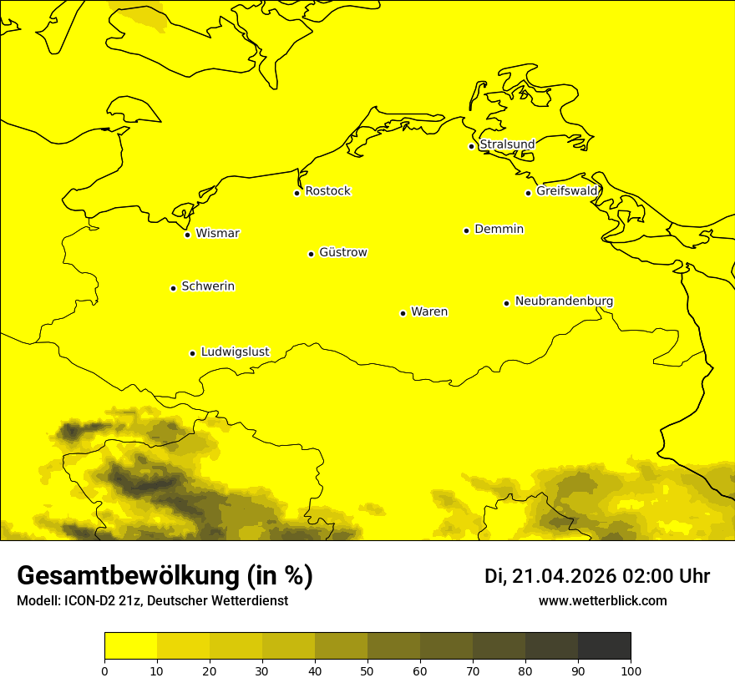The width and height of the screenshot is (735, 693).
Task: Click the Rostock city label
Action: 328,191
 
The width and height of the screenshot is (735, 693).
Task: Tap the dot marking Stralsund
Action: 471,146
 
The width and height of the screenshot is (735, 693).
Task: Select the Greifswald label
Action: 567,191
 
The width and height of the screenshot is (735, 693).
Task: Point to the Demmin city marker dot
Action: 466,230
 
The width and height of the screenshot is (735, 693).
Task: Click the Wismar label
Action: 217,233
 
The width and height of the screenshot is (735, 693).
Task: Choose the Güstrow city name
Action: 343,252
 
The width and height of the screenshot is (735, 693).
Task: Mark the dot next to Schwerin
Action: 173,288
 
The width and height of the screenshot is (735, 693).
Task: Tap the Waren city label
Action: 429,311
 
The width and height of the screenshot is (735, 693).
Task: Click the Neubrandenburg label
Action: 565,301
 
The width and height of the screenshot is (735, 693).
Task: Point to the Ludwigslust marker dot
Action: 192,353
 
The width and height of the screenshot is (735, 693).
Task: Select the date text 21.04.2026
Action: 564,576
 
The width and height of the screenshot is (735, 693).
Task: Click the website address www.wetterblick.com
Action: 602,601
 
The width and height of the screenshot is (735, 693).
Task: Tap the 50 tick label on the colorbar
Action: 367,670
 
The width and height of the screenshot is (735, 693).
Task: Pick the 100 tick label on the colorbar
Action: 631,670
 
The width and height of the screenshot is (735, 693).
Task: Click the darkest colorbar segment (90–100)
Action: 604,646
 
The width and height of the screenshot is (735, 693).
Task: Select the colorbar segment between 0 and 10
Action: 130,646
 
